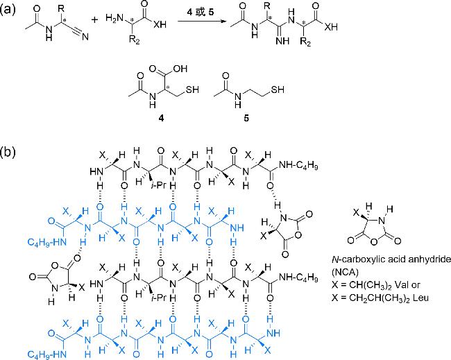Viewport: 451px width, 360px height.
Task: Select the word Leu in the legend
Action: click(x=427, y=295)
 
